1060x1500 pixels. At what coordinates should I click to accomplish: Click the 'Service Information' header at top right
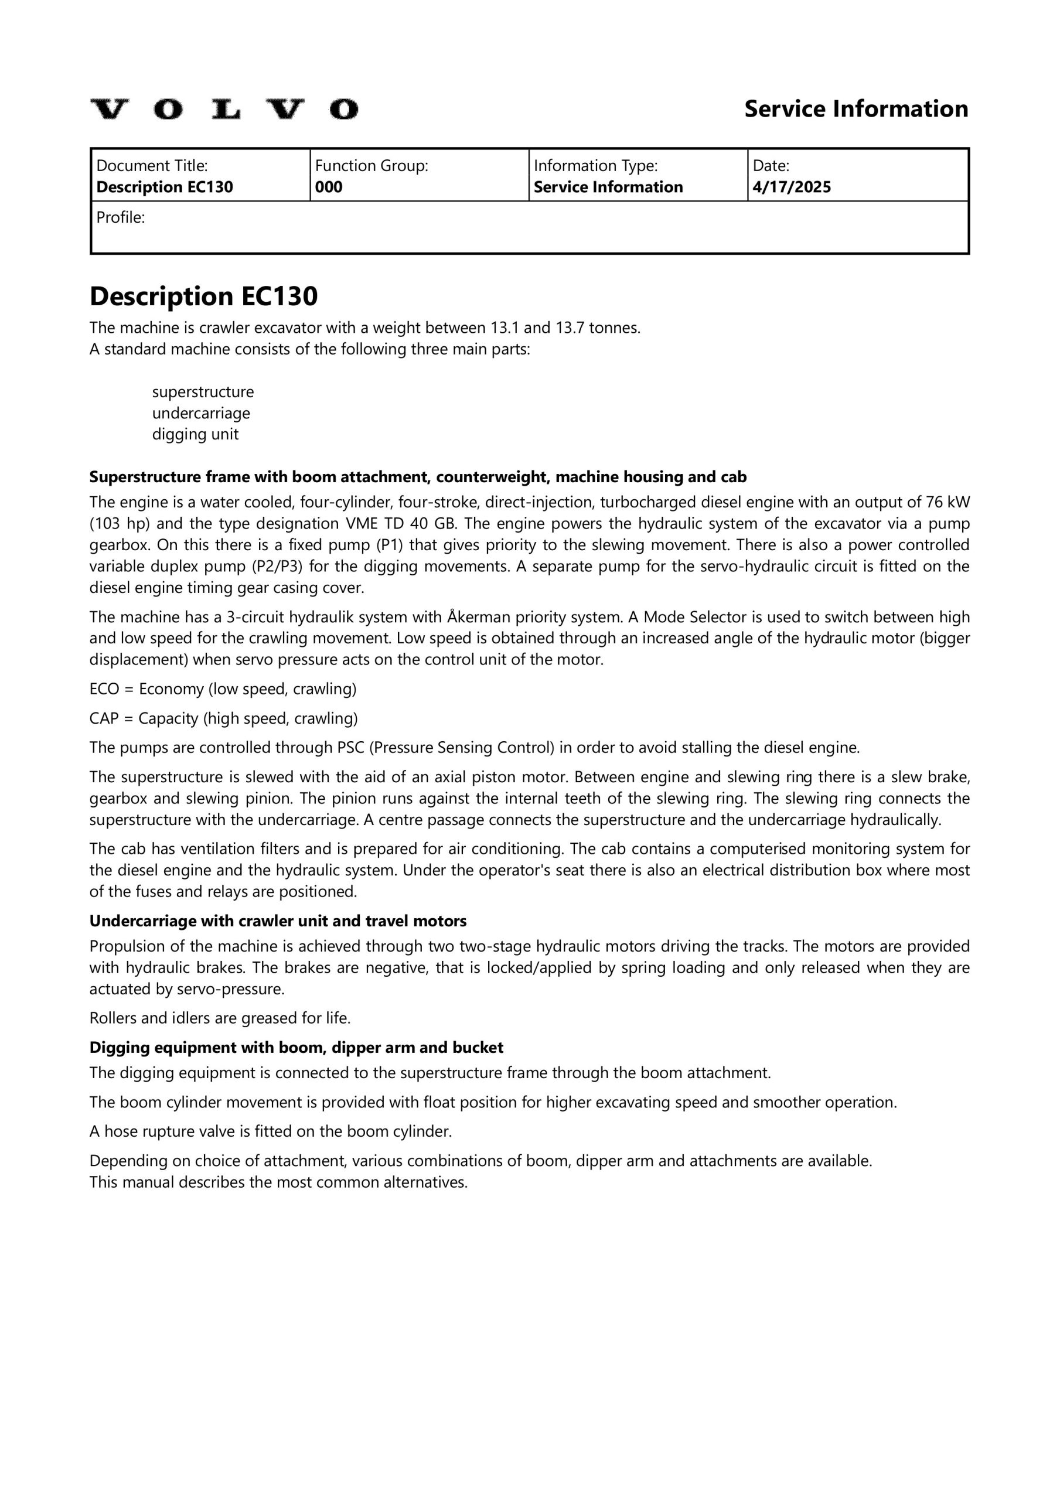tap(856, 109)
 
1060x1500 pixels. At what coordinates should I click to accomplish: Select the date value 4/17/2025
tap(792, 187)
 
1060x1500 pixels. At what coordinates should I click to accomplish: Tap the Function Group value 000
tap(329, 187)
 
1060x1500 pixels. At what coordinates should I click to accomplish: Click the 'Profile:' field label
tap(120, 217)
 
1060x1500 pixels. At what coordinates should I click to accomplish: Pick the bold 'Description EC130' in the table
tap(165, 187)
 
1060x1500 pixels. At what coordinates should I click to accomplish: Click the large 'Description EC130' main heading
tap(203, 296)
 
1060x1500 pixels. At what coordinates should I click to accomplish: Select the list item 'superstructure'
tap(203, 392)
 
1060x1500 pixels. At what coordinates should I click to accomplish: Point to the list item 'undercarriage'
tap(200, 414)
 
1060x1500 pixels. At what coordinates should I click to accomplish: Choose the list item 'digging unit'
tap(195, 434)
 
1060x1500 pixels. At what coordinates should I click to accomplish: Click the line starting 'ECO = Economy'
tap(223, 689)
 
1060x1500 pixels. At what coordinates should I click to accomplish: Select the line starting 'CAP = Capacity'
tap(223, 718)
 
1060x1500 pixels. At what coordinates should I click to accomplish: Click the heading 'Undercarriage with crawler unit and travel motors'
tap(278, 921)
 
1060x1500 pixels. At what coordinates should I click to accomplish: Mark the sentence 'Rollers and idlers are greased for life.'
tap(220, 1018)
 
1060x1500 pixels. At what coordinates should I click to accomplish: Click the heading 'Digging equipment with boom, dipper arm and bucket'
tap(296, 1048)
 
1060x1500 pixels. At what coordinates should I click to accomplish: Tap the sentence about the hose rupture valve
tap(271, 1131)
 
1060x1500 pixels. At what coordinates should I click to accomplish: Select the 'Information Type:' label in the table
tap(595, 166)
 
